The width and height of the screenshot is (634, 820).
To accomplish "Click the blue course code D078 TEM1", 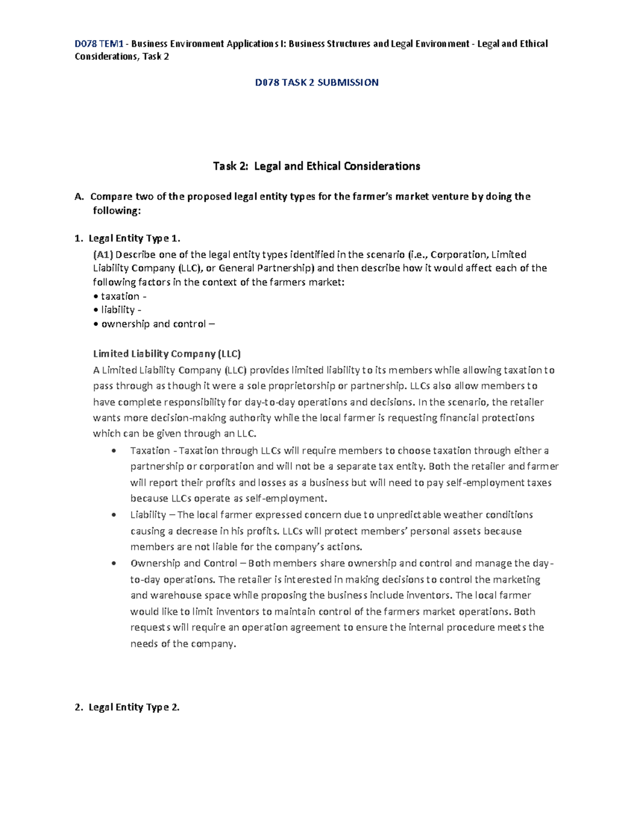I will (x=99, y=44).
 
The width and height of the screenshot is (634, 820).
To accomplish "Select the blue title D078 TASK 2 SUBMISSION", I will (x=316, y=82).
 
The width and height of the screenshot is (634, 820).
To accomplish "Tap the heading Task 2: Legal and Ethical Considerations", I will (x=316, y=166).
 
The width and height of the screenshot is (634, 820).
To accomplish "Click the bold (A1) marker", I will (x=104, y=255).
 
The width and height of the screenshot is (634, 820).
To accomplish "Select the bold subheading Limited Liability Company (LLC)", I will (x=167, y=354).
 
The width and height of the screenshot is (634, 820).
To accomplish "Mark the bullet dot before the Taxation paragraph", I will (x=114, y=451).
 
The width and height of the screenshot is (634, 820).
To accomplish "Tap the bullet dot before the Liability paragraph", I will (x=114, y=515).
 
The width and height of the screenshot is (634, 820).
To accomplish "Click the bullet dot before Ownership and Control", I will (x=114, y=563).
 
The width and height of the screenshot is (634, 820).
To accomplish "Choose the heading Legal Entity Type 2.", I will (x=134, y=708).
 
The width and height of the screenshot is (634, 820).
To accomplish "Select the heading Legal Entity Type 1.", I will (x=134, y=238).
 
